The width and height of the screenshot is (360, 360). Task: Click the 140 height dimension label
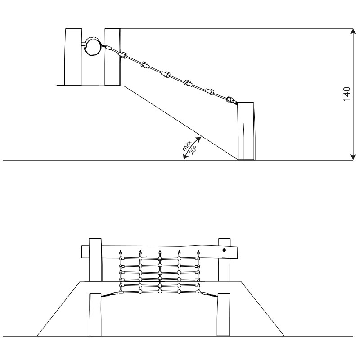[346, 94]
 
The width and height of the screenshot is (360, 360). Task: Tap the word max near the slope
[187, 145]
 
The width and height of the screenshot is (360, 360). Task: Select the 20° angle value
[193, 150]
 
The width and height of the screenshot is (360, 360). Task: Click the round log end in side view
[93, 46]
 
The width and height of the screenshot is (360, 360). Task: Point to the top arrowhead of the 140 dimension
[353, 31]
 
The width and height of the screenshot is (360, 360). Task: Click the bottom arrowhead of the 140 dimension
[353, 157]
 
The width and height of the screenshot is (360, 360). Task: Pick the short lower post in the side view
[246, 131]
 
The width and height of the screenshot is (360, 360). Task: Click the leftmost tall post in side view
[73, 57]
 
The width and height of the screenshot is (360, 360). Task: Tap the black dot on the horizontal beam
[224, 250]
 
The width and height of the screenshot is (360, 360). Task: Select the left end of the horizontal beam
[82, 252]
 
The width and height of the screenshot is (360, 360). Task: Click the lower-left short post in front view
[95, 315]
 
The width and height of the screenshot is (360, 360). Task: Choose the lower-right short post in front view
[224, 314]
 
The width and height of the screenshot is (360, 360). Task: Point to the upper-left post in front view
[95, 260]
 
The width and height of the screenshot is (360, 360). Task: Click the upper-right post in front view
[224, 260]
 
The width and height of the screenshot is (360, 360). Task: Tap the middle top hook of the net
[160, 253]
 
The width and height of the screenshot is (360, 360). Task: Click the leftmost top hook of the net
[120, 254]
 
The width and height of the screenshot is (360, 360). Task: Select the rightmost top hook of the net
[198, 254]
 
